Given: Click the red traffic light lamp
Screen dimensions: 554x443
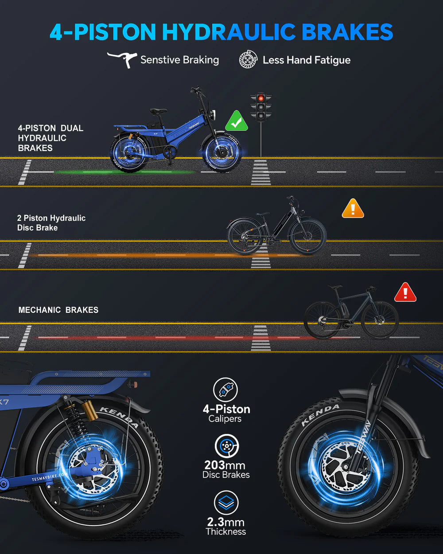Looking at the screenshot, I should pyautogui.click(x=260, y=98).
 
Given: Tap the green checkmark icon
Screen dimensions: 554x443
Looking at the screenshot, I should pyautogui.click(x=237, y=121).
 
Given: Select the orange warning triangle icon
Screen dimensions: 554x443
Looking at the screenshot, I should pyautogui.click(x=353, y=209).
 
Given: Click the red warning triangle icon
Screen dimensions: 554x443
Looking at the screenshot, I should pyautogui.click(x=405, y=293).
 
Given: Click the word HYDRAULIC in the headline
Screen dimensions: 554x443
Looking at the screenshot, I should pyautogui.click(x=229, y=32).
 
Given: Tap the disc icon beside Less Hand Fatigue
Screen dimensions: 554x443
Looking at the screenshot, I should pyautogui.click(x=248, y=59).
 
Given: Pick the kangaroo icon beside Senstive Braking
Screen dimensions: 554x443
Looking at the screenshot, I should pyautogui.click(x=122, y=59).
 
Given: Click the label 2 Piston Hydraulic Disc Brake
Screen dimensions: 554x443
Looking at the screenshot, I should pyautogui.click(x=51, y=222).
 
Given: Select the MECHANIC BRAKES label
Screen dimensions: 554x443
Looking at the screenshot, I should pyautogui.click(x=58, y=310).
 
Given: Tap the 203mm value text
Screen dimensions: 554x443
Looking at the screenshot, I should pyautogui.click(x=225, y=465).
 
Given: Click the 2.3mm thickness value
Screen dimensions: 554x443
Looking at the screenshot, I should pyautogui.click(x=225, y=522).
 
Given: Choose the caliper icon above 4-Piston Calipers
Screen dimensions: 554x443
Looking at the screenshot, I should pyautogui.click(x=225, y=390).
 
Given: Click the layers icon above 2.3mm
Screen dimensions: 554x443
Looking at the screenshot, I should pyautogui.click(x=226, y=503).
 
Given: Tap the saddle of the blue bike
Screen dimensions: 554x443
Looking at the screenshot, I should pyautogui.click(x=158, y=111).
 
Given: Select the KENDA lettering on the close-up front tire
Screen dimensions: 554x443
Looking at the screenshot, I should pyautogui.click(x=319, y=414).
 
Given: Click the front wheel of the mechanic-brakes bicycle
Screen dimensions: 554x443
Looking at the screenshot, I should pyautogui.click(x=380, y=320).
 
